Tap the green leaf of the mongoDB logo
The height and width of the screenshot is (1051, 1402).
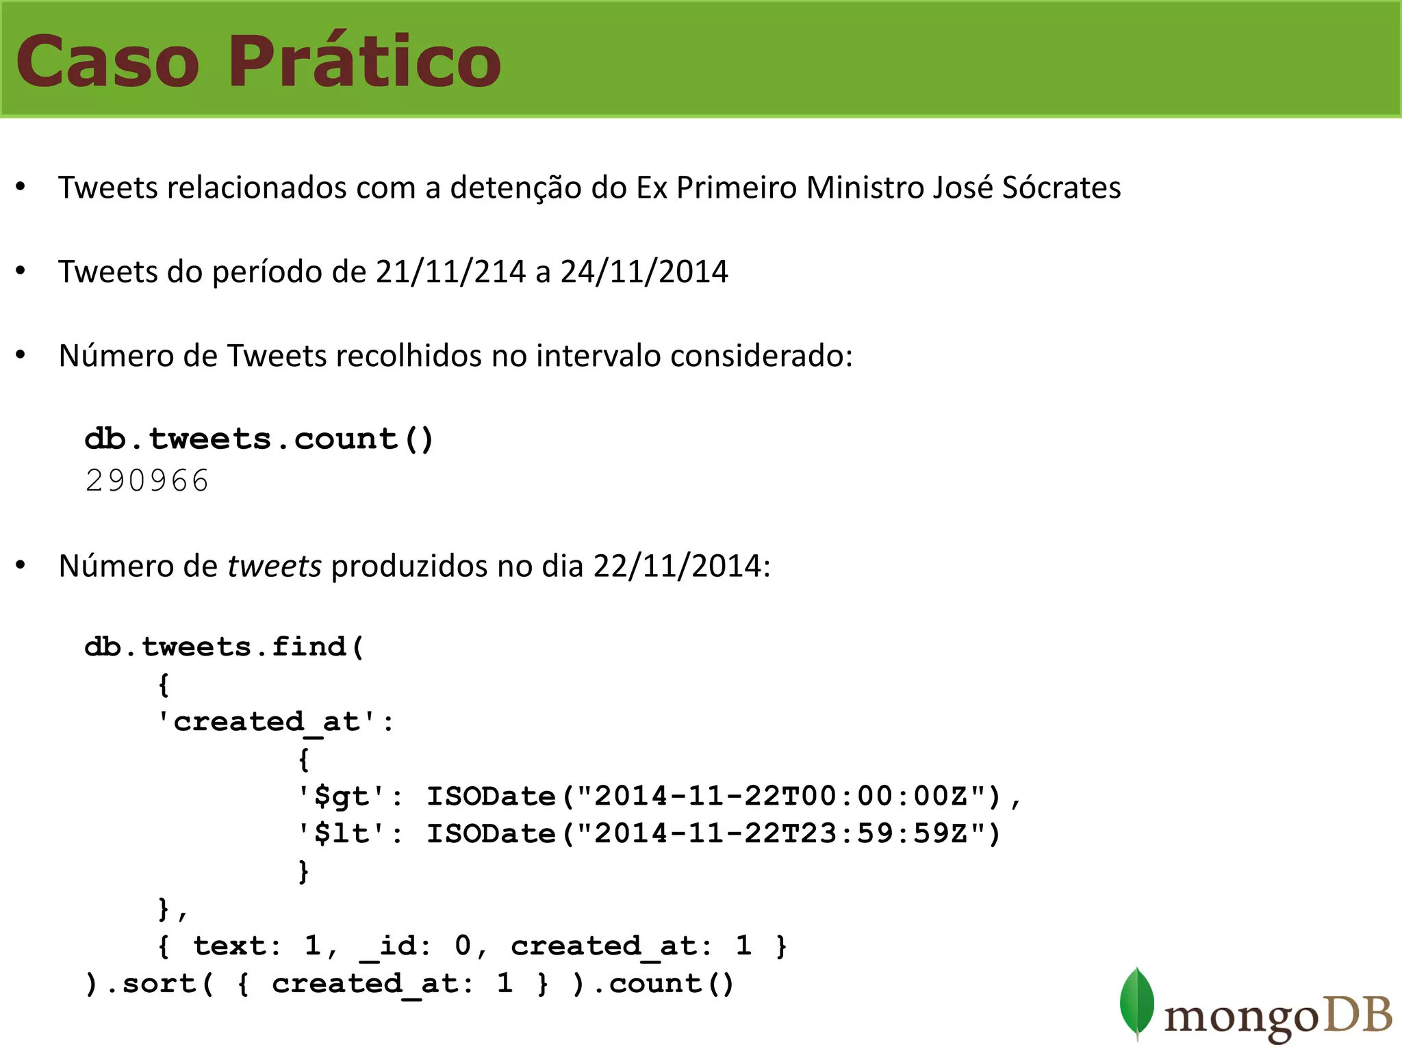tap(1136, 1002)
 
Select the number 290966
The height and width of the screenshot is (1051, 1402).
tap(146, 480)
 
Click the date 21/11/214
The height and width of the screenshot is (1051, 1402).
tap(450, 272)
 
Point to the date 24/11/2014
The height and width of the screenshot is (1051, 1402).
tap(644, 272)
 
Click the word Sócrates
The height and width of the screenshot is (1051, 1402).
tap(1061, 187)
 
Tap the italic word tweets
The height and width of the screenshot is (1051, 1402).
tap(275, 566)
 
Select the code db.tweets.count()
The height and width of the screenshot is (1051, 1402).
tap(259, 439)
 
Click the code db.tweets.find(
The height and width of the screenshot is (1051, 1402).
tap(224, 647)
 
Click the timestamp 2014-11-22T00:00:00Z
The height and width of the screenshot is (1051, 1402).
tap(780, 796)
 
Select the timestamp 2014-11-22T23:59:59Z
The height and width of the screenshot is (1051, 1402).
tap(780, 833)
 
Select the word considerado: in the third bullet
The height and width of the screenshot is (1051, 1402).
tap(761, 356)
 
